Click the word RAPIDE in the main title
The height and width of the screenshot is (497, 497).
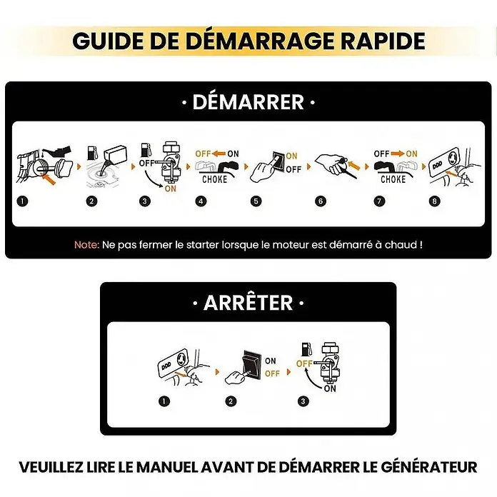pyautogui.click(x=383, y=41)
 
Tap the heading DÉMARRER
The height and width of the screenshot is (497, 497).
pyautogui.click(x=248, y=102)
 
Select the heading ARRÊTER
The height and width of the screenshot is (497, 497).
pyautogui.click(x=248, y=303)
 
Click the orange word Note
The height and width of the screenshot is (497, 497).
pyautogui.click(x=86, y=245)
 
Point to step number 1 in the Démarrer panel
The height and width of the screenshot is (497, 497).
pyautogui.click(x=23, y=201)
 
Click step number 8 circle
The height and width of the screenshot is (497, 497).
pyautogui.click(x=435, y=201)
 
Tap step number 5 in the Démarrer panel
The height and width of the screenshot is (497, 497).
pyautogui.click(x=256, y=201)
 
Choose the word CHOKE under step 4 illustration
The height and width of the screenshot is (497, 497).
pyautogui.click(x=215, y=179)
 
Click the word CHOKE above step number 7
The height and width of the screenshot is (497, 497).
pyautogui.click(x=393, y=179)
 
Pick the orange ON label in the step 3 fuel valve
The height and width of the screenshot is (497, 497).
pyautogui.click(x=170, y=189)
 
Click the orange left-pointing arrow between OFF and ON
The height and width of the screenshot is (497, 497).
pyautogui.click(x=219, y=154)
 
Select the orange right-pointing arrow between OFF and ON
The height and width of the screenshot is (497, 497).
pyautogui.click(x=398, y=154)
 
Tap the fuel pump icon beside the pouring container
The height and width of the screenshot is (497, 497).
pyautogui.click(x=92, y=153)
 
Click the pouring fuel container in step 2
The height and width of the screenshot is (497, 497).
pyautogui.click(x=115, y=156)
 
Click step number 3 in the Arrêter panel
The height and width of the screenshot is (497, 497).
pyautogui.click(x=303, y=401)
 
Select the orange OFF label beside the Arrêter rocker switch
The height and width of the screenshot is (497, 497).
pyautogui.click(x=272, y=373)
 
